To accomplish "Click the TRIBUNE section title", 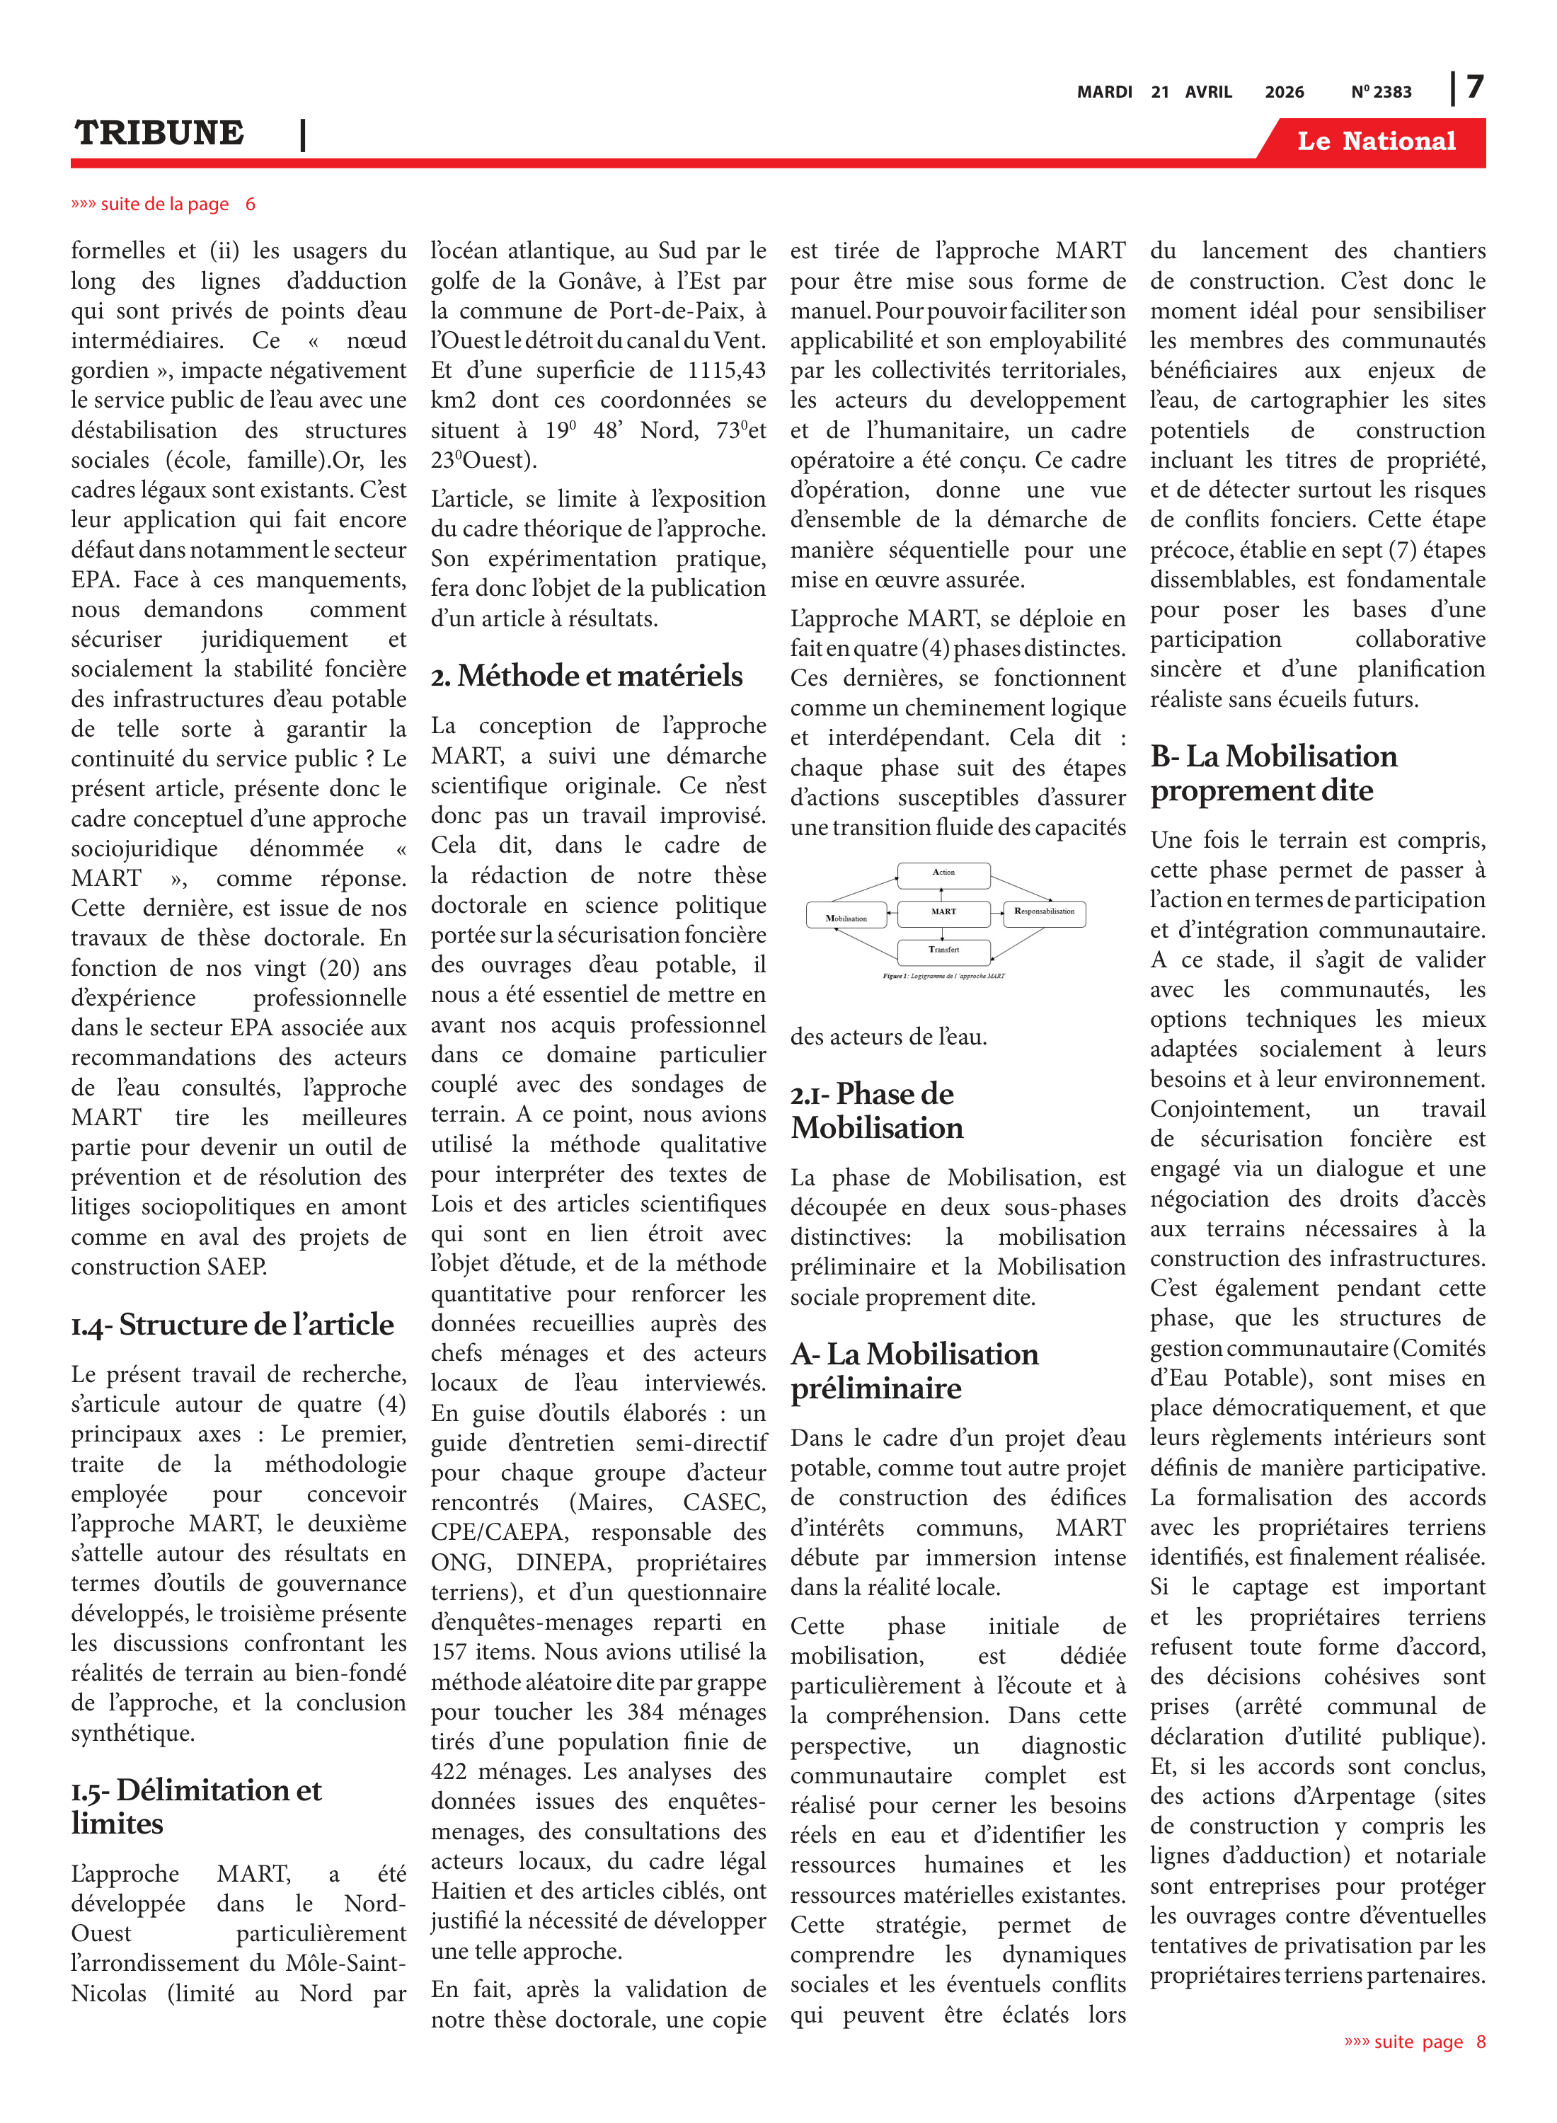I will (x=159, y=133).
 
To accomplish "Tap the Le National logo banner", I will (x=1375, y=142).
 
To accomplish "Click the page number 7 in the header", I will (x=1475, y=88).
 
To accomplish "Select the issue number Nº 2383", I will (x=1381, y=92).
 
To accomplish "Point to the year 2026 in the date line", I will (x=1284, y=92).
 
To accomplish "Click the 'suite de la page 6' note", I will (x=163, y=205).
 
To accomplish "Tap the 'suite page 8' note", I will (x=1415, y=2042).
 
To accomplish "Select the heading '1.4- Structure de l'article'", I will (x=233, y=1324).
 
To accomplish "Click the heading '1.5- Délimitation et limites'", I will (x=196, y=1807).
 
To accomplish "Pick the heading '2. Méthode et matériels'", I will (x=586, y=676).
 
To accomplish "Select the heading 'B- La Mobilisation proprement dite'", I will (x=1272, y=773).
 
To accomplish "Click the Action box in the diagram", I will (x=943, y=875).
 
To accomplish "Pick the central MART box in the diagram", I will (x=943, y=912).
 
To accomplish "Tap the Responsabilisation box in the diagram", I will (x=1045, y=912).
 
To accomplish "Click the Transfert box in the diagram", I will (x=943, y=951).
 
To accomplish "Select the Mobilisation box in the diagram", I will (x=846, y=917).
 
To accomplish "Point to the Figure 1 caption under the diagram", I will (x=943, y=976).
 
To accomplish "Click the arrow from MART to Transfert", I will (x=943, y=932).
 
